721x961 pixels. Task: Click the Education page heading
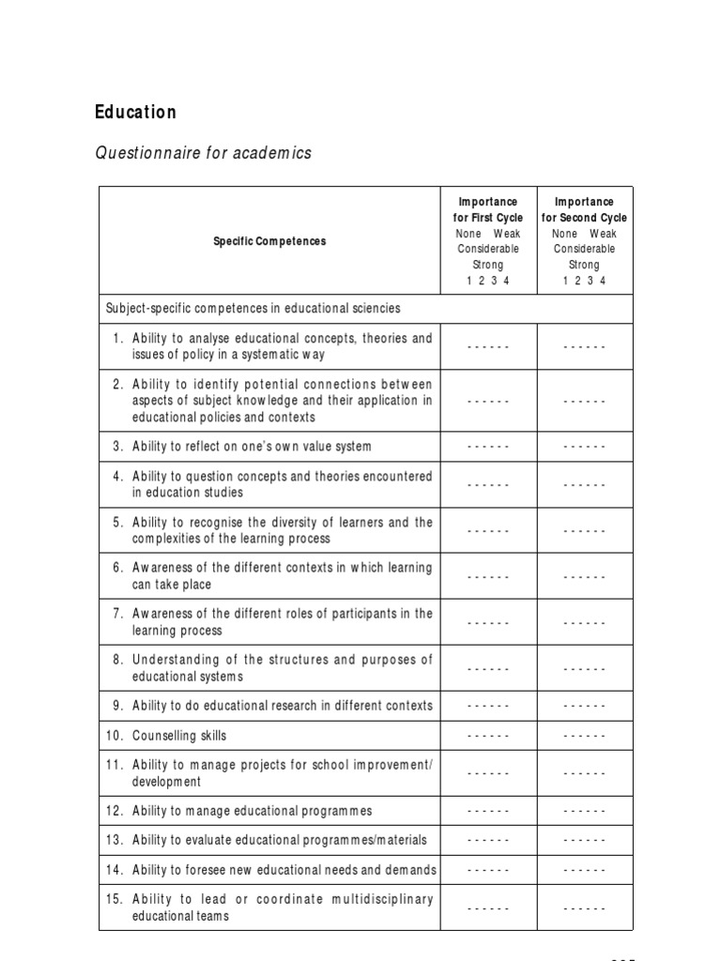pyautogui.click(x=135, y=113)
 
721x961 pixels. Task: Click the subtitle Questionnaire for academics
pyautogui.click(x=203, y=153)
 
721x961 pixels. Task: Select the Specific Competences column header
pyautogui.click(x=269, y=241)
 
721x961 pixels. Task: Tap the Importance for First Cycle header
pyautogui.click(x=488, y=240)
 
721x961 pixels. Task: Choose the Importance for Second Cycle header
pyautogui.click(x=584, y=240)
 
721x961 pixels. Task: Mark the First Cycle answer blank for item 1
pyautogui.click(x=488, y=346)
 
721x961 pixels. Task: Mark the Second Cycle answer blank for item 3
pyautogui.click(x=584, y=447)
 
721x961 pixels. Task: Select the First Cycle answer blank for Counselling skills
pyautogui.click(x=488, y=736)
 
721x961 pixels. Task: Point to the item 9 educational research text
pyautogui.click(x=282, y=706)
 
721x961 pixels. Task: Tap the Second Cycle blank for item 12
pyautogui.click(x=584, y=811)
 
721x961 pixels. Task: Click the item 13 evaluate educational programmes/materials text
pyautogui.click(x=279, y=840)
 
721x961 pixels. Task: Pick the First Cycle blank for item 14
pyautogui.click(x=488, y=870)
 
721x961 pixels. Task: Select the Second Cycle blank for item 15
pyautogui.click(x=584, y=908)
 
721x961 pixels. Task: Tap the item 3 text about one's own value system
pyautogui.click(x=251, y=447)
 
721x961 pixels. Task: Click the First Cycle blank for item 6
pyautogui.click(x=488, y=576)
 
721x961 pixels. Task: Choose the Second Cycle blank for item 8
pyautogui.click(x=584, y=668)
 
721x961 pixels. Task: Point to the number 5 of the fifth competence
pyautogui.click(x=117, y=523)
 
